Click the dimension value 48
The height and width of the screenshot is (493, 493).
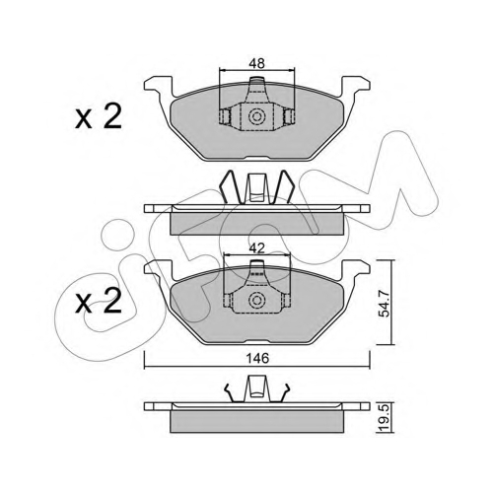click(256, 63)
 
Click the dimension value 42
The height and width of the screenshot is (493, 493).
click(256, 247)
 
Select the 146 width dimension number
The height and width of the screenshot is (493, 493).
click(257, 358)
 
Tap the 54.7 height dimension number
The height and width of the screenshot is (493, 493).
click(384, 304)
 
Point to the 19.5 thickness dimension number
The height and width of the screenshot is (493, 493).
click(386, 418)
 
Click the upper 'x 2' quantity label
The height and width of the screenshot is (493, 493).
click(99, 116)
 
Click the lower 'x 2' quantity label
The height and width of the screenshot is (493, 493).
click(99, 301)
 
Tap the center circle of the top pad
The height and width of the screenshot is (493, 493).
click(256, 116)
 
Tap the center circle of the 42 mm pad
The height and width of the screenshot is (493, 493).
click(256, 300)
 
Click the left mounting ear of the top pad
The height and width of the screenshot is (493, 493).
click(158, 85)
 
